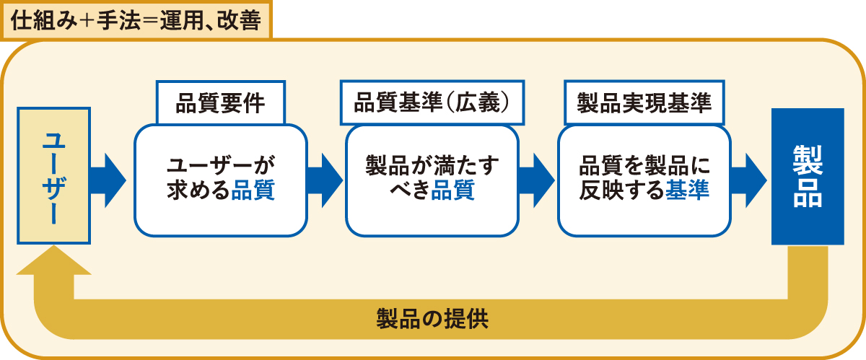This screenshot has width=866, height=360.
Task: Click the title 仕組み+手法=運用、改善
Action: coord(136,20)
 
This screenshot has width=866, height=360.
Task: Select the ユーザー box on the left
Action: coord(53,175)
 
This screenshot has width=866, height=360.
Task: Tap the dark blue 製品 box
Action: coord(808,176)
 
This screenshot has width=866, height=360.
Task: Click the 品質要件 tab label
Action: coord(221,103)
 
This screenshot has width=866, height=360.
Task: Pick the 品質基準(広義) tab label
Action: coord(432,102)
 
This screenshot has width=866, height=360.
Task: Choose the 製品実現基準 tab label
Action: coord(644,102)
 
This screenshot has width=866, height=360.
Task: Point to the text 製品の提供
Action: coord(432,319)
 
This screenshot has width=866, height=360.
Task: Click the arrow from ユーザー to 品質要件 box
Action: coord(108,180)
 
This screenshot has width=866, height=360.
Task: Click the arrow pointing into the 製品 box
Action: coord(749,180)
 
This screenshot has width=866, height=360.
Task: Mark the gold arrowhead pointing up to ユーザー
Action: coord(53,260)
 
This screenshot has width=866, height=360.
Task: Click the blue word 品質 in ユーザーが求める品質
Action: coord(253,190)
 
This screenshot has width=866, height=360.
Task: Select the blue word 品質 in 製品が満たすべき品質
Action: coord(452,190)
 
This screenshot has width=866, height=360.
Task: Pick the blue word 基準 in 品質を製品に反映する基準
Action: coord(687,190)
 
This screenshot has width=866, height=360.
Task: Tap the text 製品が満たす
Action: coord(432,165)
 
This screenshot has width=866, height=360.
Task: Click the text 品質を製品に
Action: coord(644,165)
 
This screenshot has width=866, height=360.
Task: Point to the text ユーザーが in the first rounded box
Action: coord(221,165)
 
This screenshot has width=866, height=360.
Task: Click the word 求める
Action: coord(198,190)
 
